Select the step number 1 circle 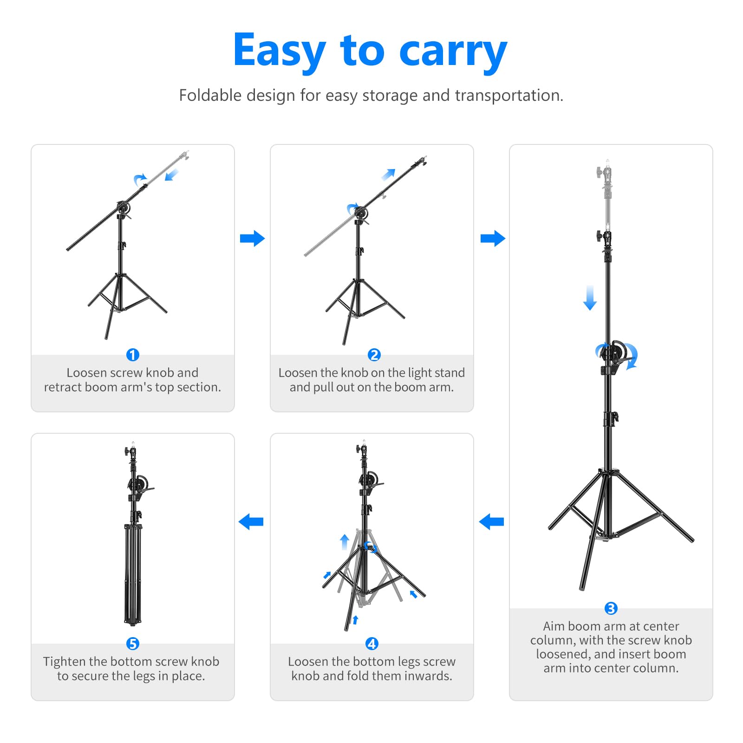(133, 355)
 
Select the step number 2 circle (374, 355)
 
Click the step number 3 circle (611, 608)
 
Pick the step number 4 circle (372, 644)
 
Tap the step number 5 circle (133, 644)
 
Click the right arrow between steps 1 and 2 (252, 239)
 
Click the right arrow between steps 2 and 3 (493, 239)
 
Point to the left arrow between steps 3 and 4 (491, 521)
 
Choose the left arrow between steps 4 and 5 (251, 521)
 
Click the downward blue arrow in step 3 (590, 298)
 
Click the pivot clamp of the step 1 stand (123, 207)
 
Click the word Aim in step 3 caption (554, 626)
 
